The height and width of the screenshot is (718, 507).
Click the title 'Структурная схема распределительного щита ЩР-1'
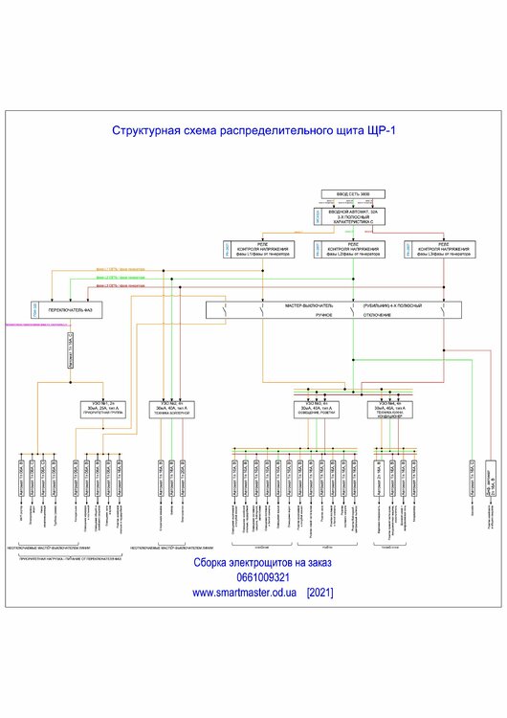pos(253,130)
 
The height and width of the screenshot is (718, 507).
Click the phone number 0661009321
pos(253,578)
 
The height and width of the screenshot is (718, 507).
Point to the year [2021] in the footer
pos(320,593)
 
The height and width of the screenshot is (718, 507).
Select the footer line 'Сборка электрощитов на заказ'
pos(253,564)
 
